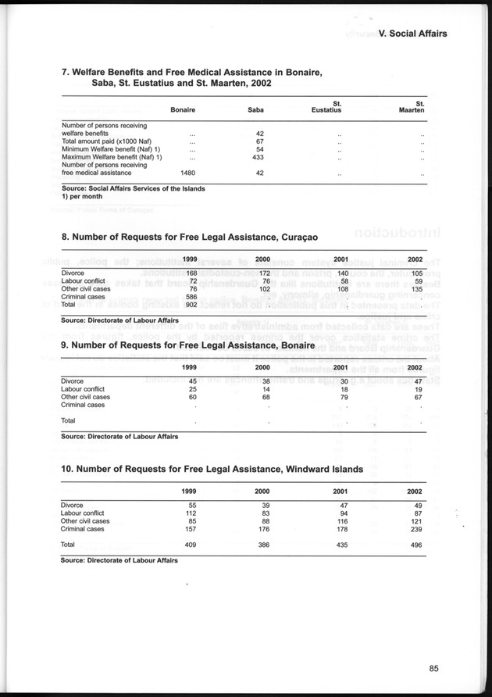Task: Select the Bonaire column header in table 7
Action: pos(182,110)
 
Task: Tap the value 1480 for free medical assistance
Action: pos(187,173)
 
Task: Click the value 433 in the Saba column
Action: pos(260,157)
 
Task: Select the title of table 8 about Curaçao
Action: pos(190,235)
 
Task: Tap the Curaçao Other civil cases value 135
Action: pos(415,289)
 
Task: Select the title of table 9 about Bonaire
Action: pos(187,345)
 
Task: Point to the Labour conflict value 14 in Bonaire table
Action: pos(266,388)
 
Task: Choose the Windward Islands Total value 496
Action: pos(415,544)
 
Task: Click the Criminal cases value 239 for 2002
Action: pos(415,529)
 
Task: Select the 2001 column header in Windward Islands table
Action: pos(340,490)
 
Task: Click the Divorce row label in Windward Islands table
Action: pos(72,505)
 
